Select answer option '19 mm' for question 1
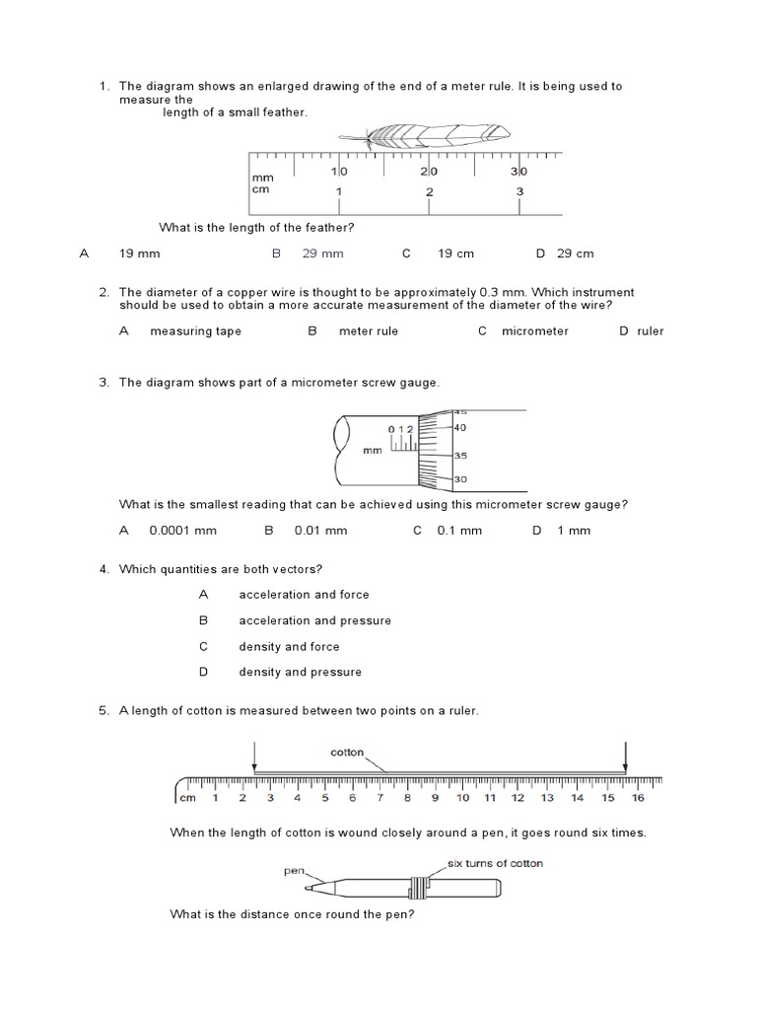click(139, 253)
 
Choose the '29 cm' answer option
click(575, 253)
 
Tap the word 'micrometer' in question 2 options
click(534, 331)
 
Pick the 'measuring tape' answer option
click(195, 331)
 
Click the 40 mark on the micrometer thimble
click(460, 428)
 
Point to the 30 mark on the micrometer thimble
click(460, 479)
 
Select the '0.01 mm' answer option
click(320, 531)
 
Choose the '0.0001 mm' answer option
click(182, 531)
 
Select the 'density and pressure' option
click(300, 672)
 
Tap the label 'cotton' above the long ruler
click(347, 753)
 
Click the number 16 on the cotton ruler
click(638, 798)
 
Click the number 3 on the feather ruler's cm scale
click(519, 191)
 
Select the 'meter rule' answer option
click(369, 331)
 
